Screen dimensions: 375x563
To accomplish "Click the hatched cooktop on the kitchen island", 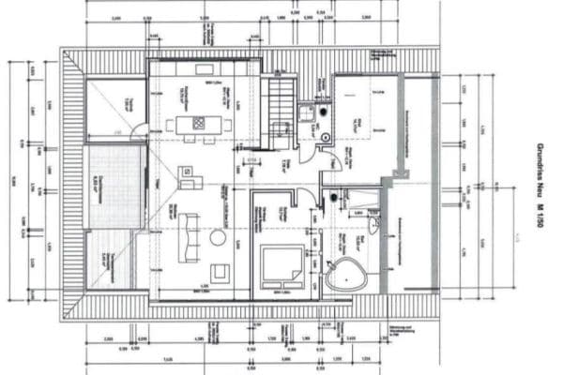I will pos(198,122).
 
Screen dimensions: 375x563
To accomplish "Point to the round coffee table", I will pos(218,238).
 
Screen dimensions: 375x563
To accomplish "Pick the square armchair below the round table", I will pos(220,273).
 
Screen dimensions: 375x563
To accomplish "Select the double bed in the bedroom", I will pos(281,266).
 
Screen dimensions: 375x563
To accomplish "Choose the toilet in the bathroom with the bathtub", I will pos(333,198).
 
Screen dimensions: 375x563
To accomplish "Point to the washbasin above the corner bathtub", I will pos(374,226).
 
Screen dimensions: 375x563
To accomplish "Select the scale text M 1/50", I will pos(541,228).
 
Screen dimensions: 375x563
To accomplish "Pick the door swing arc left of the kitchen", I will pos(139,131).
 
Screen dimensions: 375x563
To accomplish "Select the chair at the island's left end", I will pos(172,123).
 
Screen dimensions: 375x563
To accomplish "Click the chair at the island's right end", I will pos(225,123).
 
